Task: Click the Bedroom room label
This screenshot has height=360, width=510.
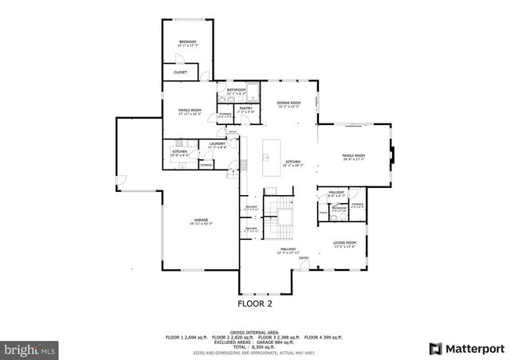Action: click(187, 41)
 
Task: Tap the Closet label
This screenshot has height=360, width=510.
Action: click(181, 72)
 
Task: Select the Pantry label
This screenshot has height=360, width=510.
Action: click(245, 108)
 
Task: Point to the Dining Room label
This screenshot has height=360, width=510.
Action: click(288, 103)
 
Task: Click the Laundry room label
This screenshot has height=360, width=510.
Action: click(218, 144)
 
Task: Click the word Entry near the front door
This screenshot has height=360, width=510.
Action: click(304, 258)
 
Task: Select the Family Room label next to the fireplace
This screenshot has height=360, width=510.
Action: click(353, 155)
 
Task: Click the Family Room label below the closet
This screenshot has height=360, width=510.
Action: click(190, 110)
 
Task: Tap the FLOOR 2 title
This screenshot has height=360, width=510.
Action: click(255, 303)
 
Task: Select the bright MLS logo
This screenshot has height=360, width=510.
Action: click(30, 349)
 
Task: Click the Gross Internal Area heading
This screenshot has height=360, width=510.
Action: click(255, 331)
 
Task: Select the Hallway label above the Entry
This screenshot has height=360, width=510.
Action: click(288, 249)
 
